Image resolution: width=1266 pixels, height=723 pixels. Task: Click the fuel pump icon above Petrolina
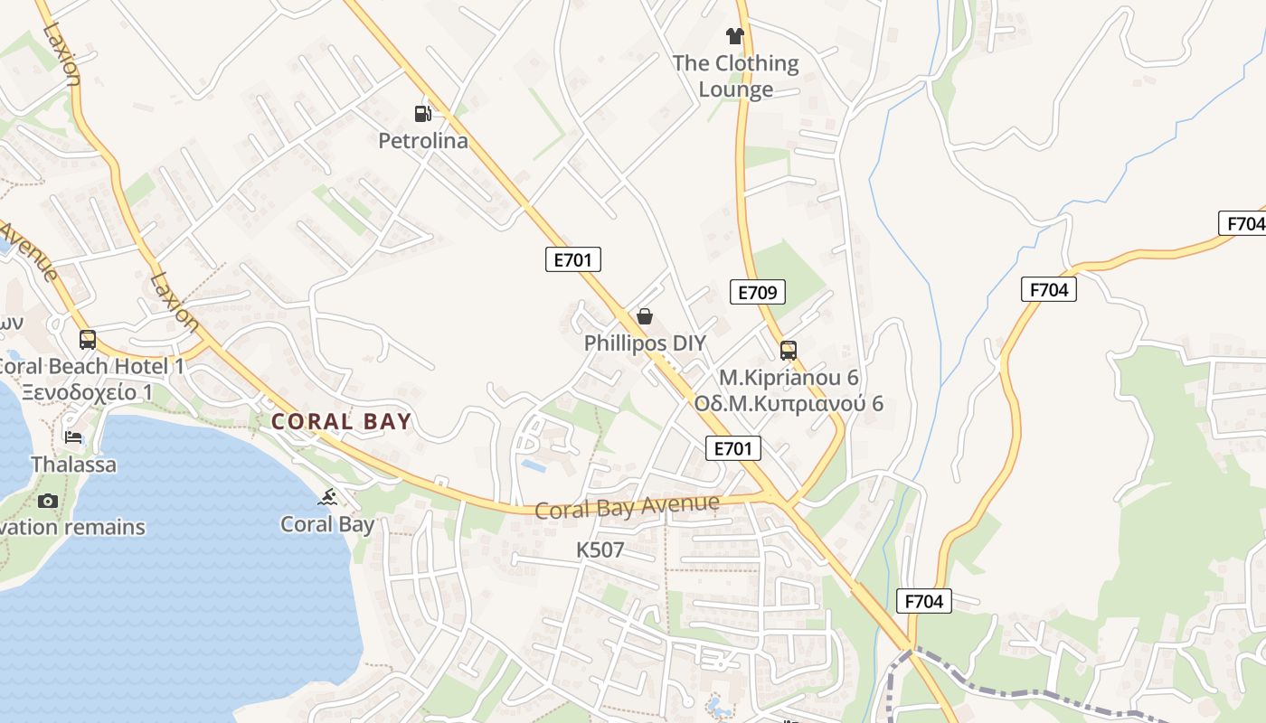click(x=422, y=114)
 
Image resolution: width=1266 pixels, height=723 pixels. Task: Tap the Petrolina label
click(x=423, y=141)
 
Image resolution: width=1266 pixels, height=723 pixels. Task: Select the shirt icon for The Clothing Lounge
click(x=734, y=36)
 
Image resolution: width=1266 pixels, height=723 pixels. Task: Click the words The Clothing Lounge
click(x=735, y=76)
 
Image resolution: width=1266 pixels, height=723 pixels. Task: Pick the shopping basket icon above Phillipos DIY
click(x=645, y=316)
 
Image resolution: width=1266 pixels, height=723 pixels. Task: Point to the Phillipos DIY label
click(x=645, y=343)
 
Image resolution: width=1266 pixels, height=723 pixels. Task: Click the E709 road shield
click(x=758, y=292)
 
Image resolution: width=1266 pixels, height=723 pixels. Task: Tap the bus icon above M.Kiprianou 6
click(x=788, y=351)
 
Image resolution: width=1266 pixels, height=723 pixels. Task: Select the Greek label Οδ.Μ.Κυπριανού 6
click(x=789, y=404)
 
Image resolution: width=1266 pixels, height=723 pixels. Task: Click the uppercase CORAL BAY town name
click(x=342, y=421)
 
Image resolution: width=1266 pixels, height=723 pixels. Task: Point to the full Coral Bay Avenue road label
click(x=628, y=507)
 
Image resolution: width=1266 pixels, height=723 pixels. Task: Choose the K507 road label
click(x=600, y=549)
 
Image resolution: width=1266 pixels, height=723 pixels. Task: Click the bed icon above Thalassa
click(x=73, y=438)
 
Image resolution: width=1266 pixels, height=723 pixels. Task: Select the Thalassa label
click(x=73, y=465)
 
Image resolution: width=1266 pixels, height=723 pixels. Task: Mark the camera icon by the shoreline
click(x=48, y=501)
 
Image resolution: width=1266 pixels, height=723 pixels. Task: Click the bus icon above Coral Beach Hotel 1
click(x=88, y=340)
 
